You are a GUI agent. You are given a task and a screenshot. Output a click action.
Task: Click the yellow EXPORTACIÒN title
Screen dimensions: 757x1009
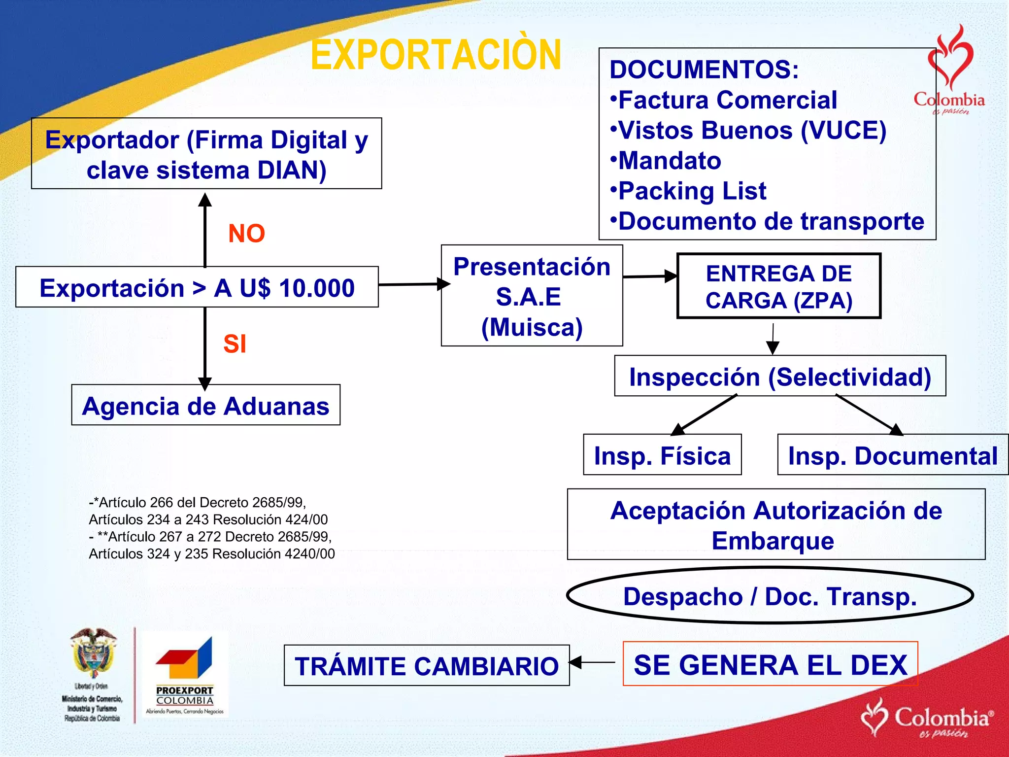[x=436, y=55]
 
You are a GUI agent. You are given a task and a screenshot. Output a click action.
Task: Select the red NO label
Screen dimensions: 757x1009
[x=246, y=233]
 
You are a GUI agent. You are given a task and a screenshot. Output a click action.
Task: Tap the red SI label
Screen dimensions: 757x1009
[x=235, y=344]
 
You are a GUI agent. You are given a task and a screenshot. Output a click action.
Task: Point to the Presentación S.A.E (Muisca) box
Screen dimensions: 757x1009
[x=532, y=296]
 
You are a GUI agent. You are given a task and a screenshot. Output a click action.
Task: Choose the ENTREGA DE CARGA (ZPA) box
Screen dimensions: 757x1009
[x=778, y=286]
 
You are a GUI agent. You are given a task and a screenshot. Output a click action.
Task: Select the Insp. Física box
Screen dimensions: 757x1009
[x=662, y=455]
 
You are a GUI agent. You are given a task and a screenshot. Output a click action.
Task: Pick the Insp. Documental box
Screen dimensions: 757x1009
[x=892, y=455]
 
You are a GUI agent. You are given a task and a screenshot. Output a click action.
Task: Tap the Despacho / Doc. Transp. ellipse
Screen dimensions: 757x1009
[x=770, y=596]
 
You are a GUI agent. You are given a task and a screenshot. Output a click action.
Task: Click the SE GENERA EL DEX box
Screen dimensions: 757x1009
[x=770, y=664]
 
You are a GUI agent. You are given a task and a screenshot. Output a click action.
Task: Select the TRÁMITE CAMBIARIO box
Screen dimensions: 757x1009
[x=427, y=665]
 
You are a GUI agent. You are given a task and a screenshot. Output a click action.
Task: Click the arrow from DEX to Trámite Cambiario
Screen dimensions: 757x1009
[x=594, y=662]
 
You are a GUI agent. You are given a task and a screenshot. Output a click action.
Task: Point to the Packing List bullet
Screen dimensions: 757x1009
[x=692, y=191]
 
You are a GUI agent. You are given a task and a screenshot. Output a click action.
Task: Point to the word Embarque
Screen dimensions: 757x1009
[x=773, y=541]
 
